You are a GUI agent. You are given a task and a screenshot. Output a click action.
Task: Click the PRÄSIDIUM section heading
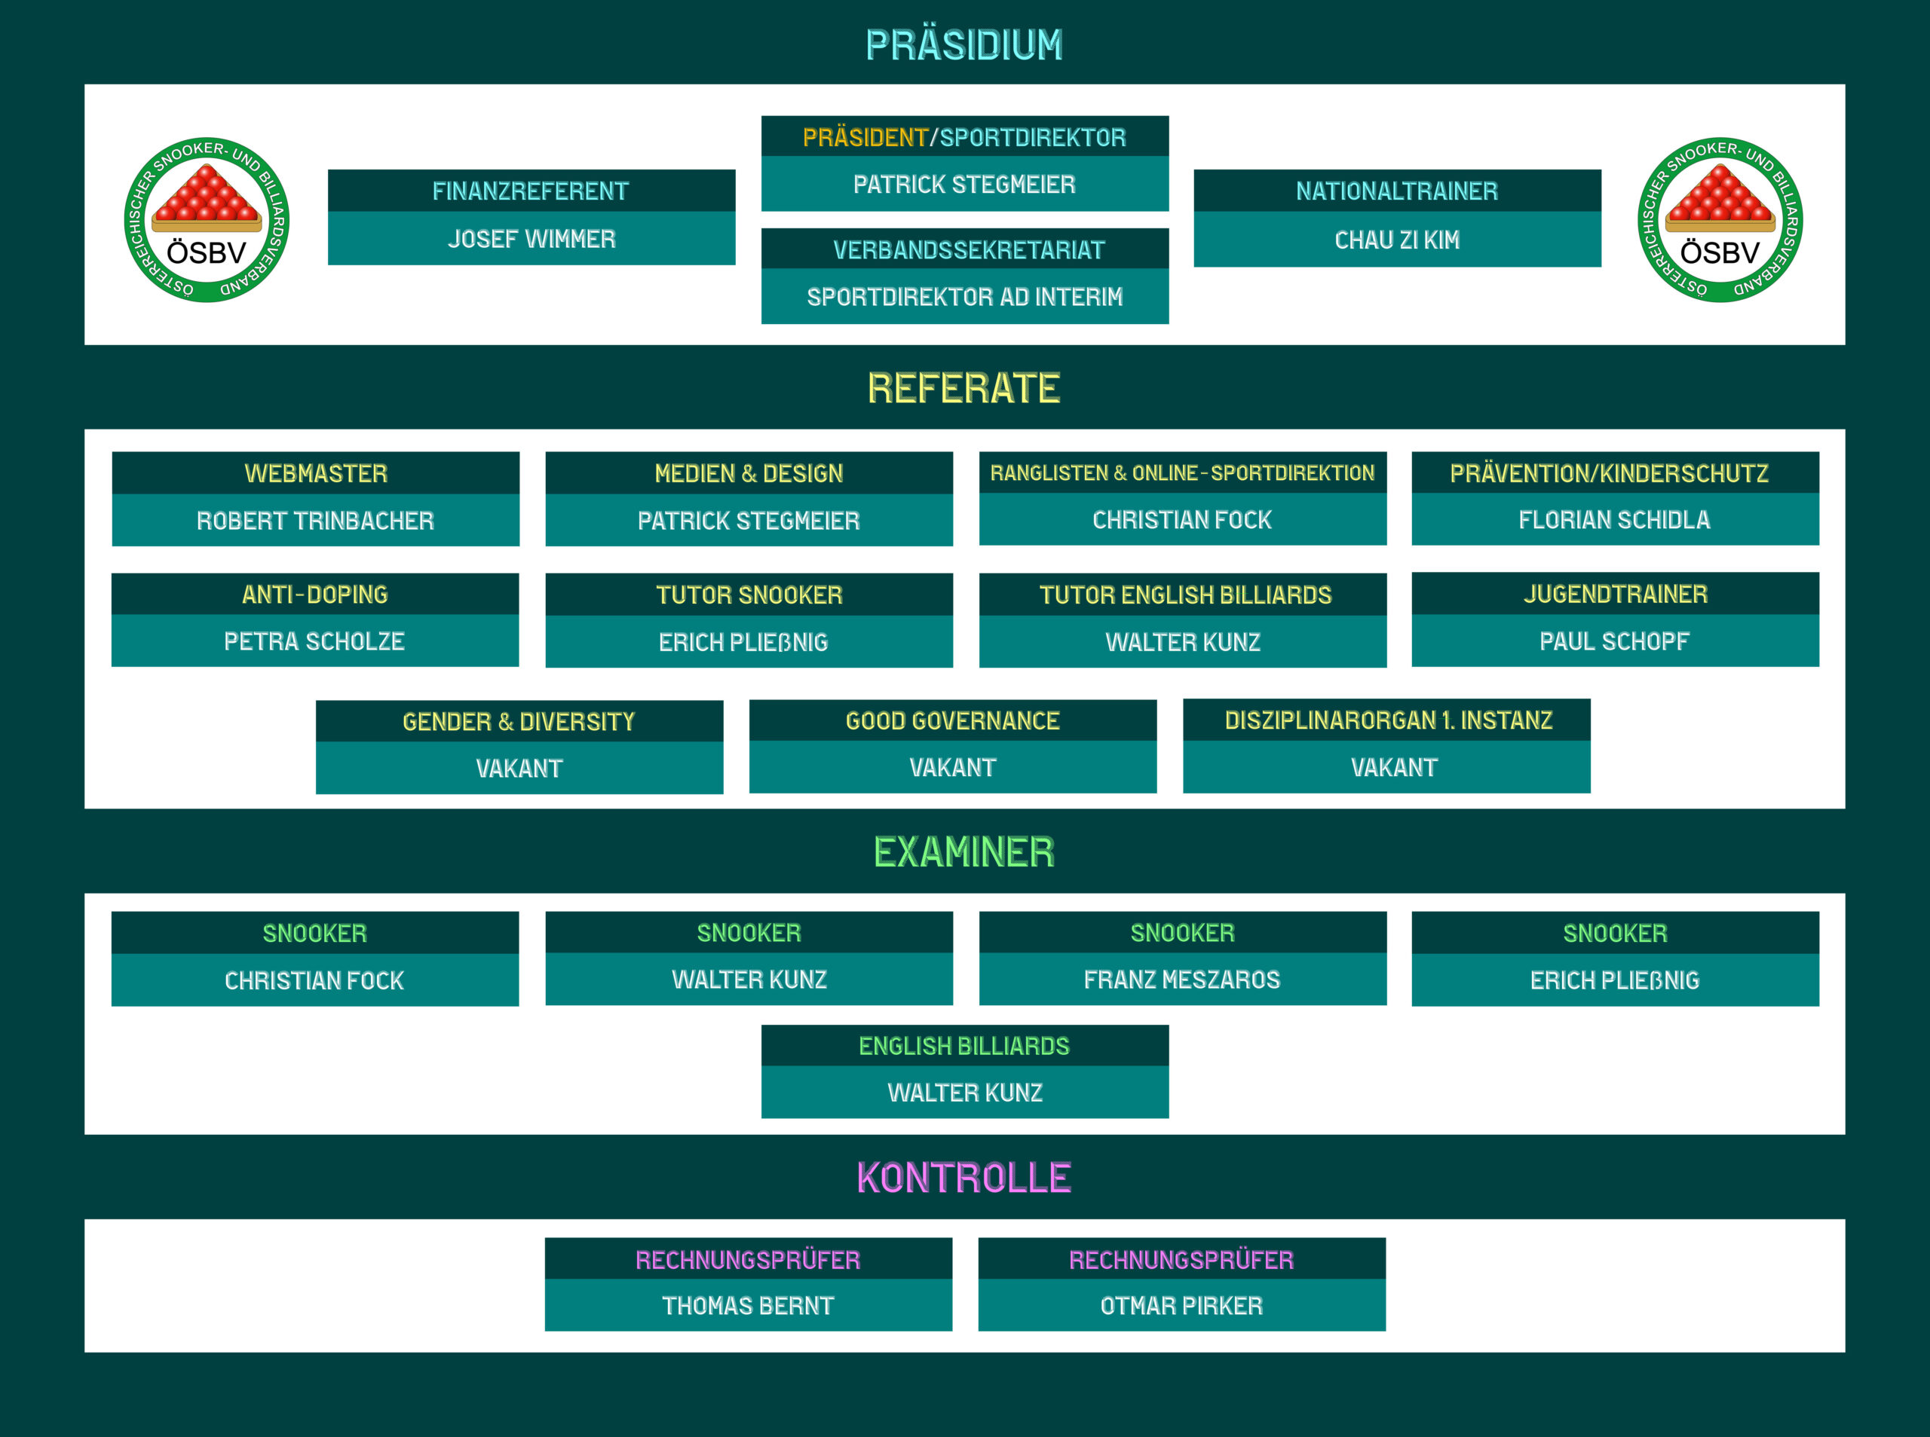[x=964, y=45]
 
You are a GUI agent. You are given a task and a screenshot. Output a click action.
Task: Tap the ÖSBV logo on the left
[x=207, y=220]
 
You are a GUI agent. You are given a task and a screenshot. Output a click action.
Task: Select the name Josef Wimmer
[x=532, y=239]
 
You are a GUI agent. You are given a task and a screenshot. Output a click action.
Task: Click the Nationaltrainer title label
[x=1396, y=191]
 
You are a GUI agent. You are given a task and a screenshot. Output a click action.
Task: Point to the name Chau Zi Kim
[x=1396, y=240]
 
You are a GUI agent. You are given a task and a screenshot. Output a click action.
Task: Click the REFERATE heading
[x=964, y=388]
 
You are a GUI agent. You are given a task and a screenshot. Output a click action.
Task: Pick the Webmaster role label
[x=316, y=473]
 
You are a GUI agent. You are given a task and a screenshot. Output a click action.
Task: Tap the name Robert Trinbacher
[x=315, y=521]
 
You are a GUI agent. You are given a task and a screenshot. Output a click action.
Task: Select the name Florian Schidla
[x=1614, y=520]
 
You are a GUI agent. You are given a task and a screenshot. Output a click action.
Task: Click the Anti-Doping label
[x=315, y=595]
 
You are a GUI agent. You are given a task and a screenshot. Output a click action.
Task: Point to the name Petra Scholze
[x=314, y=642]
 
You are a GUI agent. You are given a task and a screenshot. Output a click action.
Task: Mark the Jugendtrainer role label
[x=1615, y=594]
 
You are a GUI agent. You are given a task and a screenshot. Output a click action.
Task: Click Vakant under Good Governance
[x=953, y=768]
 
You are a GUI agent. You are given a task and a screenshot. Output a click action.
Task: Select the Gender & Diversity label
[x=519, y=722]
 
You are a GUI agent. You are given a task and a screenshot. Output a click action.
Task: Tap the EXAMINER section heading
[x=964, y=852]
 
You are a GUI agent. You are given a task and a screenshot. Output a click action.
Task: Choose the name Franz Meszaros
[x=1181, y=980]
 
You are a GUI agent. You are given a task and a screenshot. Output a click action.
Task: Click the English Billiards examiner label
[x=964, y=1047]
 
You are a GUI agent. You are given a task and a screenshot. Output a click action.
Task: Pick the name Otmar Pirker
[x=1181, y=1307]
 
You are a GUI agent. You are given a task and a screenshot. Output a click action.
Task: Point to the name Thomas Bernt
[x=749, y=1307]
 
